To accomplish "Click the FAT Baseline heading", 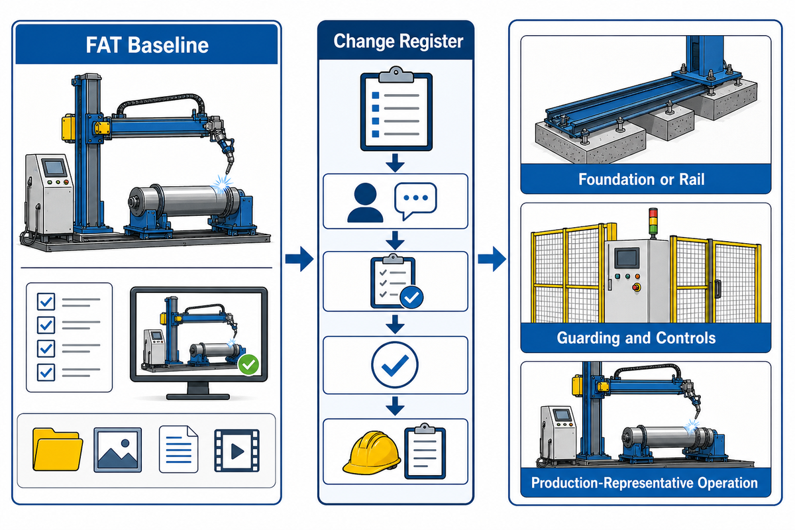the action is click(x=147, y=45).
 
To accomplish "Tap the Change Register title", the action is click(x=398, y=41).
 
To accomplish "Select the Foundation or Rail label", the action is click(x=641, y=180).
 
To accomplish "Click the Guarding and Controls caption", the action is click(x=636, y=338).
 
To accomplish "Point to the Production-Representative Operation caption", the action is click(x=645, y=483).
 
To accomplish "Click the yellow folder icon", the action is click(x=58, y=449).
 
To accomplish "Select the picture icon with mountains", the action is click(x=117, y=450).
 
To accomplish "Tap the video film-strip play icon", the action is click(x=237, y=450).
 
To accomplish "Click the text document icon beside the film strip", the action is click(x=178, y=449).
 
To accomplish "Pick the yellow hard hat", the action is click(x=371, y=452).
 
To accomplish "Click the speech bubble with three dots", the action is click(x=415, y=201).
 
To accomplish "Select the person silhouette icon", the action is click(x=365, y=203).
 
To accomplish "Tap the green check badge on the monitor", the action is click(x=248, y=364).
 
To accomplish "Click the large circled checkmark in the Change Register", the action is click(x=395, y=364).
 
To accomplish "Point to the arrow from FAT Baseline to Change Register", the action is click(x=299, y=259).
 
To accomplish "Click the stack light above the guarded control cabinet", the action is click(x=653, y=223).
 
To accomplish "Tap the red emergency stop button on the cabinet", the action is click(x=637, y=287).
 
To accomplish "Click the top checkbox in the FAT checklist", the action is click(x=46, y=301).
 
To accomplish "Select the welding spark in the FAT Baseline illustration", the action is click(x=222, y=185).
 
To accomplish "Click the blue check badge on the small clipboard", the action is click(x=411, y=297).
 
